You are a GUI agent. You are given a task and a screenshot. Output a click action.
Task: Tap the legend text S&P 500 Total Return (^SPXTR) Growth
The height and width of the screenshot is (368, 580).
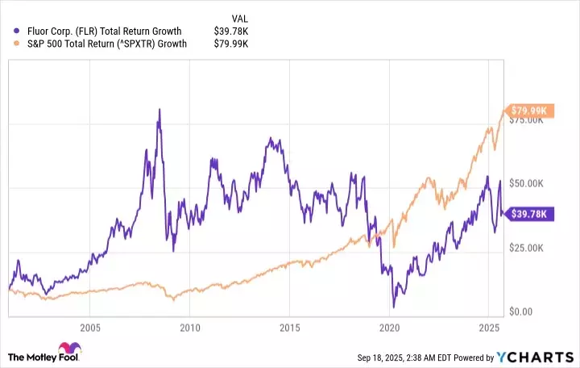[107, 44]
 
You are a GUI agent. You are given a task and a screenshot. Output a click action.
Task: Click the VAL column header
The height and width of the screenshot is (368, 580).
[239, 18]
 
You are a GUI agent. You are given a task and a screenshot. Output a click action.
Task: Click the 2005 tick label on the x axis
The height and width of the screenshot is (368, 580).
[89, 328]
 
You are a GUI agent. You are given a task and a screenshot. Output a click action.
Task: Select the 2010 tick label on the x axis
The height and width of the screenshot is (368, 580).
[190, 328]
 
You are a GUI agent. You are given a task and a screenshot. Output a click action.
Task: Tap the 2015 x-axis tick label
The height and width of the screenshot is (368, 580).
[290, 328]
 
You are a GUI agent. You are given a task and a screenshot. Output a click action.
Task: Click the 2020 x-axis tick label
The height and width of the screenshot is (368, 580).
[390, 328]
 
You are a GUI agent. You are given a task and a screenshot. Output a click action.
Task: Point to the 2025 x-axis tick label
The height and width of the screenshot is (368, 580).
[490, 328]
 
